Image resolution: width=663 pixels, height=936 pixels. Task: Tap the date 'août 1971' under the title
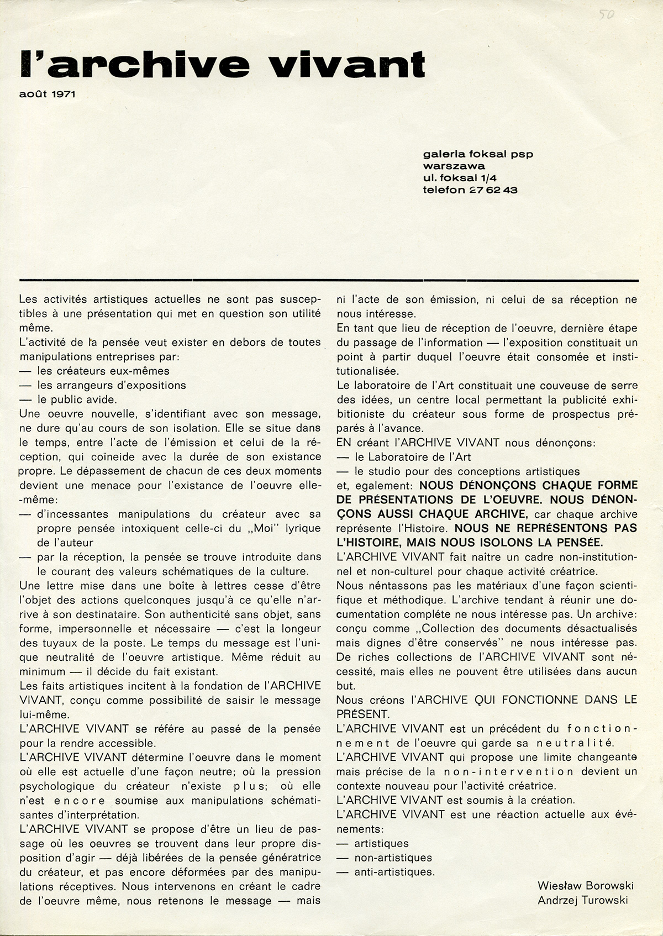coord(47,94)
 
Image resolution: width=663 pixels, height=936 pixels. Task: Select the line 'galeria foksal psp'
coord(478,154)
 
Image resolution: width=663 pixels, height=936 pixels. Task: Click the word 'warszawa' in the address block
coord(454,166)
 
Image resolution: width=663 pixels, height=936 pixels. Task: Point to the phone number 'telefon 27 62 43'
coord(470,190)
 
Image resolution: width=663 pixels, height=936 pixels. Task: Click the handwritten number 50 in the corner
coord(607,14)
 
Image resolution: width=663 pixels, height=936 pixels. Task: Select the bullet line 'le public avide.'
coord(77,399)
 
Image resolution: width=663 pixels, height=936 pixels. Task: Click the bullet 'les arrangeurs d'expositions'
coord(111,385)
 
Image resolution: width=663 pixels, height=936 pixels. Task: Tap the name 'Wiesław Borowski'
coord(585,886)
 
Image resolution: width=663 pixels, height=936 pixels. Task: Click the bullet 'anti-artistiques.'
coord(394,872)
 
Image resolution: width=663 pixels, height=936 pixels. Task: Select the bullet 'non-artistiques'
coord(393,858)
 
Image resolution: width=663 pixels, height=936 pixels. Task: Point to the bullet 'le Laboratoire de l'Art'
coord(412,457)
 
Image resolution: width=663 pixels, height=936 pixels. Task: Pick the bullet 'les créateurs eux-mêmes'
coord(103,371)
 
